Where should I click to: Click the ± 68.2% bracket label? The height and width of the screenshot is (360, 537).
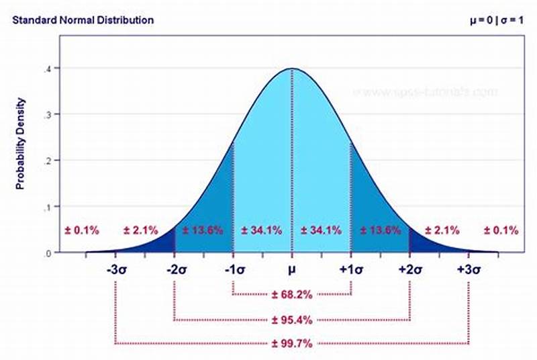coord(292,294)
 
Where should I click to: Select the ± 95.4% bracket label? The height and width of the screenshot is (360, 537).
coord(292,319)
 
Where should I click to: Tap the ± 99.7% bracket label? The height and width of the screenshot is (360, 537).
coord(292,343)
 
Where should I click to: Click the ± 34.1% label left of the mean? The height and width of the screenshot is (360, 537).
coord(262,230)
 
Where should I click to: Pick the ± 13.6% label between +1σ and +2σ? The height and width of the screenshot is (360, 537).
coord(380,230)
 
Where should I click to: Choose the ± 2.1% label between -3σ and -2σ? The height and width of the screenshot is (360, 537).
coord(141,230)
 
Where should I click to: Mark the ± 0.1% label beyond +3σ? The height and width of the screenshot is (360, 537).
coord(501,230)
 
